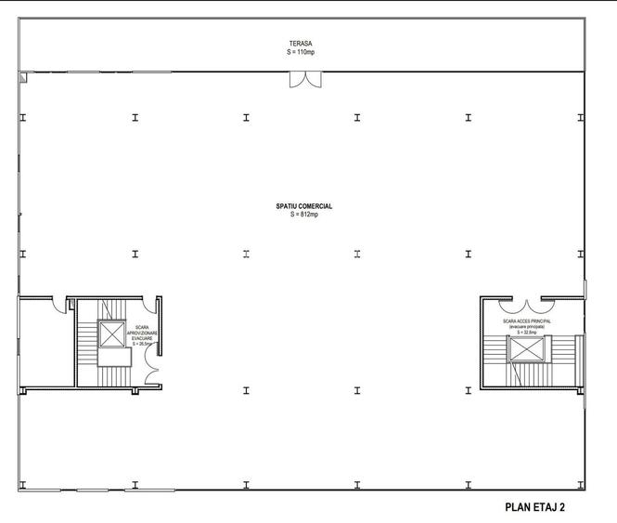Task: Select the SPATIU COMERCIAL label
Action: click(x=303, y=206)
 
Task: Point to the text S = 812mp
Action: click(x=303, y=215)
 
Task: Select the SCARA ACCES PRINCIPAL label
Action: click(x=527, y=320)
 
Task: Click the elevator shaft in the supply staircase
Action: click(x=112, y=333)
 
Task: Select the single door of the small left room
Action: click(x=59, y=303)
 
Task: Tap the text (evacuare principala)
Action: click(x=527, y=327)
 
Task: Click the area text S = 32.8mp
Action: click(x=527, y=333)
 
